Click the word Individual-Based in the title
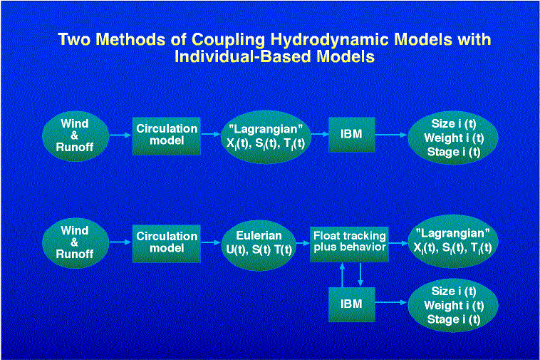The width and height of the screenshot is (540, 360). click(x=243, y=56)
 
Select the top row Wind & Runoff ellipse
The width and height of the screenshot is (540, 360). click(x=76, y=136)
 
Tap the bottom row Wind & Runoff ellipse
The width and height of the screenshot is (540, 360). click(x=76, y=243)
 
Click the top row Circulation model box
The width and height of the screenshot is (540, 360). click(x=166, y=135)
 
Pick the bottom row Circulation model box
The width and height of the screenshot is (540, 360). click(x=166, y=244)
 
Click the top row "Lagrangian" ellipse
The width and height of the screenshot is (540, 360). click(x=266, y=136)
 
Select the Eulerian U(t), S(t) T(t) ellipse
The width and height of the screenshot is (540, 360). click(x=259, y=245)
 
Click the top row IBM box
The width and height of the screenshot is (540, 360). click(x=352, y=134)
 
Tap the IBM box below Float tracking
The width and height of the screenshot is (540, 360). click(x=352, y=304)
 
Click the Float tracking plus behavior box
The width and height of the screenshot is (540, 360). click(x=349, y=244)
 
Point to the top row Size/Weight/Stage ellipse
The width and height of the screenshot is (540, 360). click(x=453, y=137)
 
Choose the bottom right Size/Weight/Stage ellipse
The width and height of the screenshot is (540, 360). click(x=453, y=305)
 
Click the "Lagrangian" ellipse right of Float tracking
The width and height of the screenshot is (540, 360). click(x=453, y=241)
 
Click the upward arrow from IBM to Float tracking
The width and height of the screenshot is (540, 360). click(x=343, y=274)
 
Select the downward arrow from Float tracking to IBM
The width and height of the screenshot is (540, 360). click(x=360, y=274)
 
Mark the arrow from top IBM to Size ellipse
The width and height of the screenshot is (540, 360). click(x=391, y=135)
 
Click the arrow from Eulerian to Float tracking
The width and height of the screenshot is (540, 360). click(x=303, y=243)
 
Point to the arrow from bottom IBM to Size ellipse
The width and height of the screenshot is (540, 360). click(x=391, y=302)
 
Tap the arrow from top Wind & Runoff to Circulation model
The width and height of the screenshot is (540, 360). click(x=120, y=135)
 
